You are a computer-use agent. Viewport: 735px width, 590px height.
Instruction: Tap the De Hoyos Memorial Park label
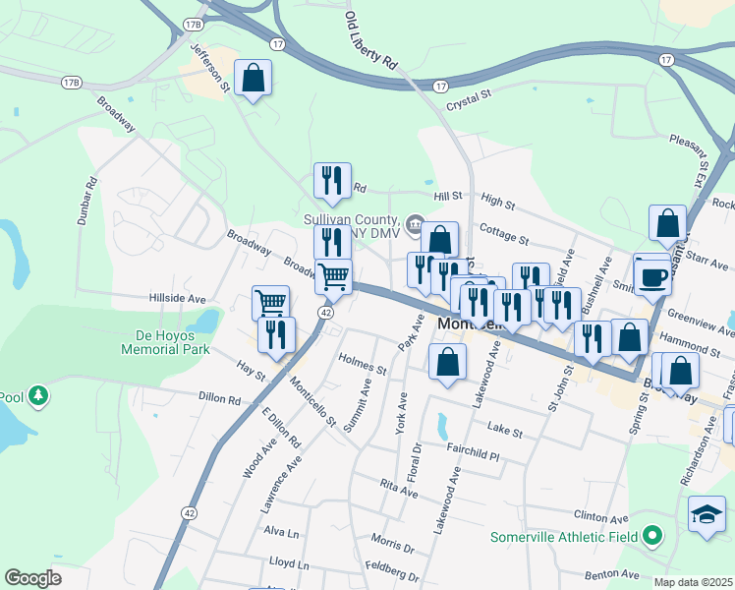click(166, 341)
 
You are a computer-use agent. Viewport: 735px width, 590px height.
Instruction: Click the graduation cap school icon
click(707, 515)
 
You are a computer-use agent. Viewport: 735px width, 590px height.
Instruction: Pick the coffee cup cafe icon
click(652, 276)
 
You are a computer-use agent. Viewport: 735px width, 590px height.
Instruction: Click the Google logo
click(33, 578)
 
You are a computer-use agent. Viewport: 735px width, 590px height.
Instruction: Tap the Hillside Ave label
click(177, 298)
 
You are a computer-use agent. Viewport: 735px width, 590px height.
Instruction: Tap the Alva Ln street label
click(280, 532)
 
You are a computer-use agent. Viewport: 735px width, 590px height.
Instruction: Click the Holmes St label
click(362, 364)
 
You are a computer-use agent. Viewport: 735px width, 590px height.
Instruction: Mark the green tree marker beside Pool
click(38, 395)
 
